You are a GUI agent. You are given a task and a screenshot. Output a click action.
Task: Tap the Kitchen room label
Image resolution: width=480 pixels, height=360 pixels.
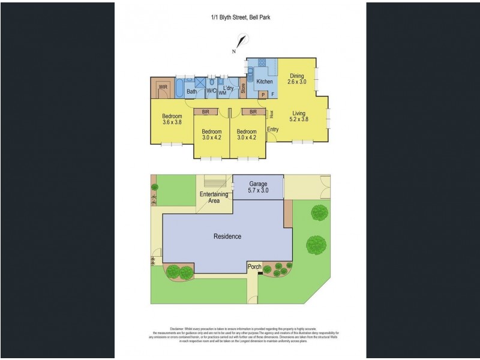coord(265,82)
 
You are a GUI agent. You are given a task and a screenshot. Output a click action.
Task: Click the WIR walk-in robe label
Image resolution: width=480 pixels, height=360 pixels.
coord(162,88)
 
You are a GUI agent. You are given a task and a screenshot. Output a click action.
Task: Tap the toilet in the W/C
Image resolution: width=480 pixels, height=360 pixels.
coord(212,83)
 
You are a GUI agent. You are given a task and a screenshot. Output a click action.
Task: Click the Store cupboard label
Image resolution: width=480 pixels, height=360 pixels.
coord(243,88)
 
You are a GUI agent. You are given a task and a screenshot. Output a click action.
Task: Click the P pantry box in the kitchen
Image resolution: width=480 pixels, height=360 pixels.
coord(263,94)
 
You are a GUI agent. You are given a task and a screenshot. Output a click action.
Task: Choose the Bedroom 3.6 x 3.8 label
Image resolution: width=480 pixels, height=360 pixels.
coord(172,119)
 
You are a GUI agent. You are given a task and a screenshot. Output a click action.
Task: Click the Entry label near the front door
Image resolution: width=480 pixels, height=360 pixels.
coord(272,129)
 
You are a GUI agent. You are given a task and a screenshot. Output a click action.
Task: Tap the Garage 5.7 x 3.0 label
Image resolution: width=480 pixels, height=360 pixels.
coord(259,187)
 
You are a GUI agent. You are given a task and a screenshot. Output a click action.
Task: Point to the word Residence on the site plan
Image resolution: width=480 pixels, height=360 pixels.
coord(227,236)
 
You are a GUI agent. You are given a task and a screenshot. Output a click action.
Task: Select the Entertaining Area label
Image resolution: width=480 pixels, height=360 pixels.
coord(214,197)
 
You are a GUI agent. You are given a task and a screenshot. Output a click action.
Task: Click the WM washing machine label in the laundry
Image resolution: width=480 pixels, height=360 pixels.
coord(222,92)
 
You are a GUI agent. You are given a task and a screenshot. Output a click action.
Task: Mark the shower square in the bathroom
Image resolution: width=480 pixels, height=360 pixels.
coord(199,83)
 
